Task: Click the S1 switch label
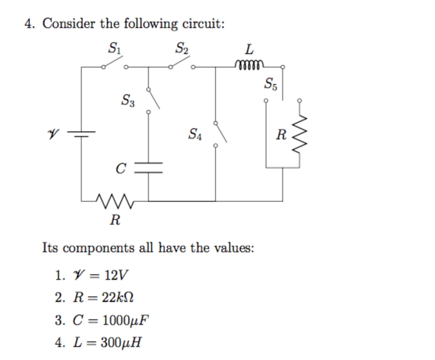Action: (x=114, y=49)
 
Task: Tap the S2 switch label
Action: (x=182, y=49)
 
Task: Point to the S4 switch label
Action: (x=195, y=135)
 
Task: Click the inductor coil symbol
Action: (x=249, y=65)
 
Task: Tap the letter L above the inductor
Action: (x=249, y=50)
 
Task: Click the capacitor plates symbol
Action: (x=148, y=167)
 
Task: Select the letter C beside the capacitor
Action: (x=121, y=169)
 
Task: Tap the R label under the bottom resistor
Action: (x=115, y=220)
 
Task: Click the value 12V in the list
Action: (x=116, y=275)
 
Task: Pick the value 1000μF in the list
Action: (x=126, y=320)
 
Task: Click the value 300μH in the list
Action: (x=121, y=342)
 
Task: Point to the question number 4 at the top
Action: (x=29, y=24)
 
